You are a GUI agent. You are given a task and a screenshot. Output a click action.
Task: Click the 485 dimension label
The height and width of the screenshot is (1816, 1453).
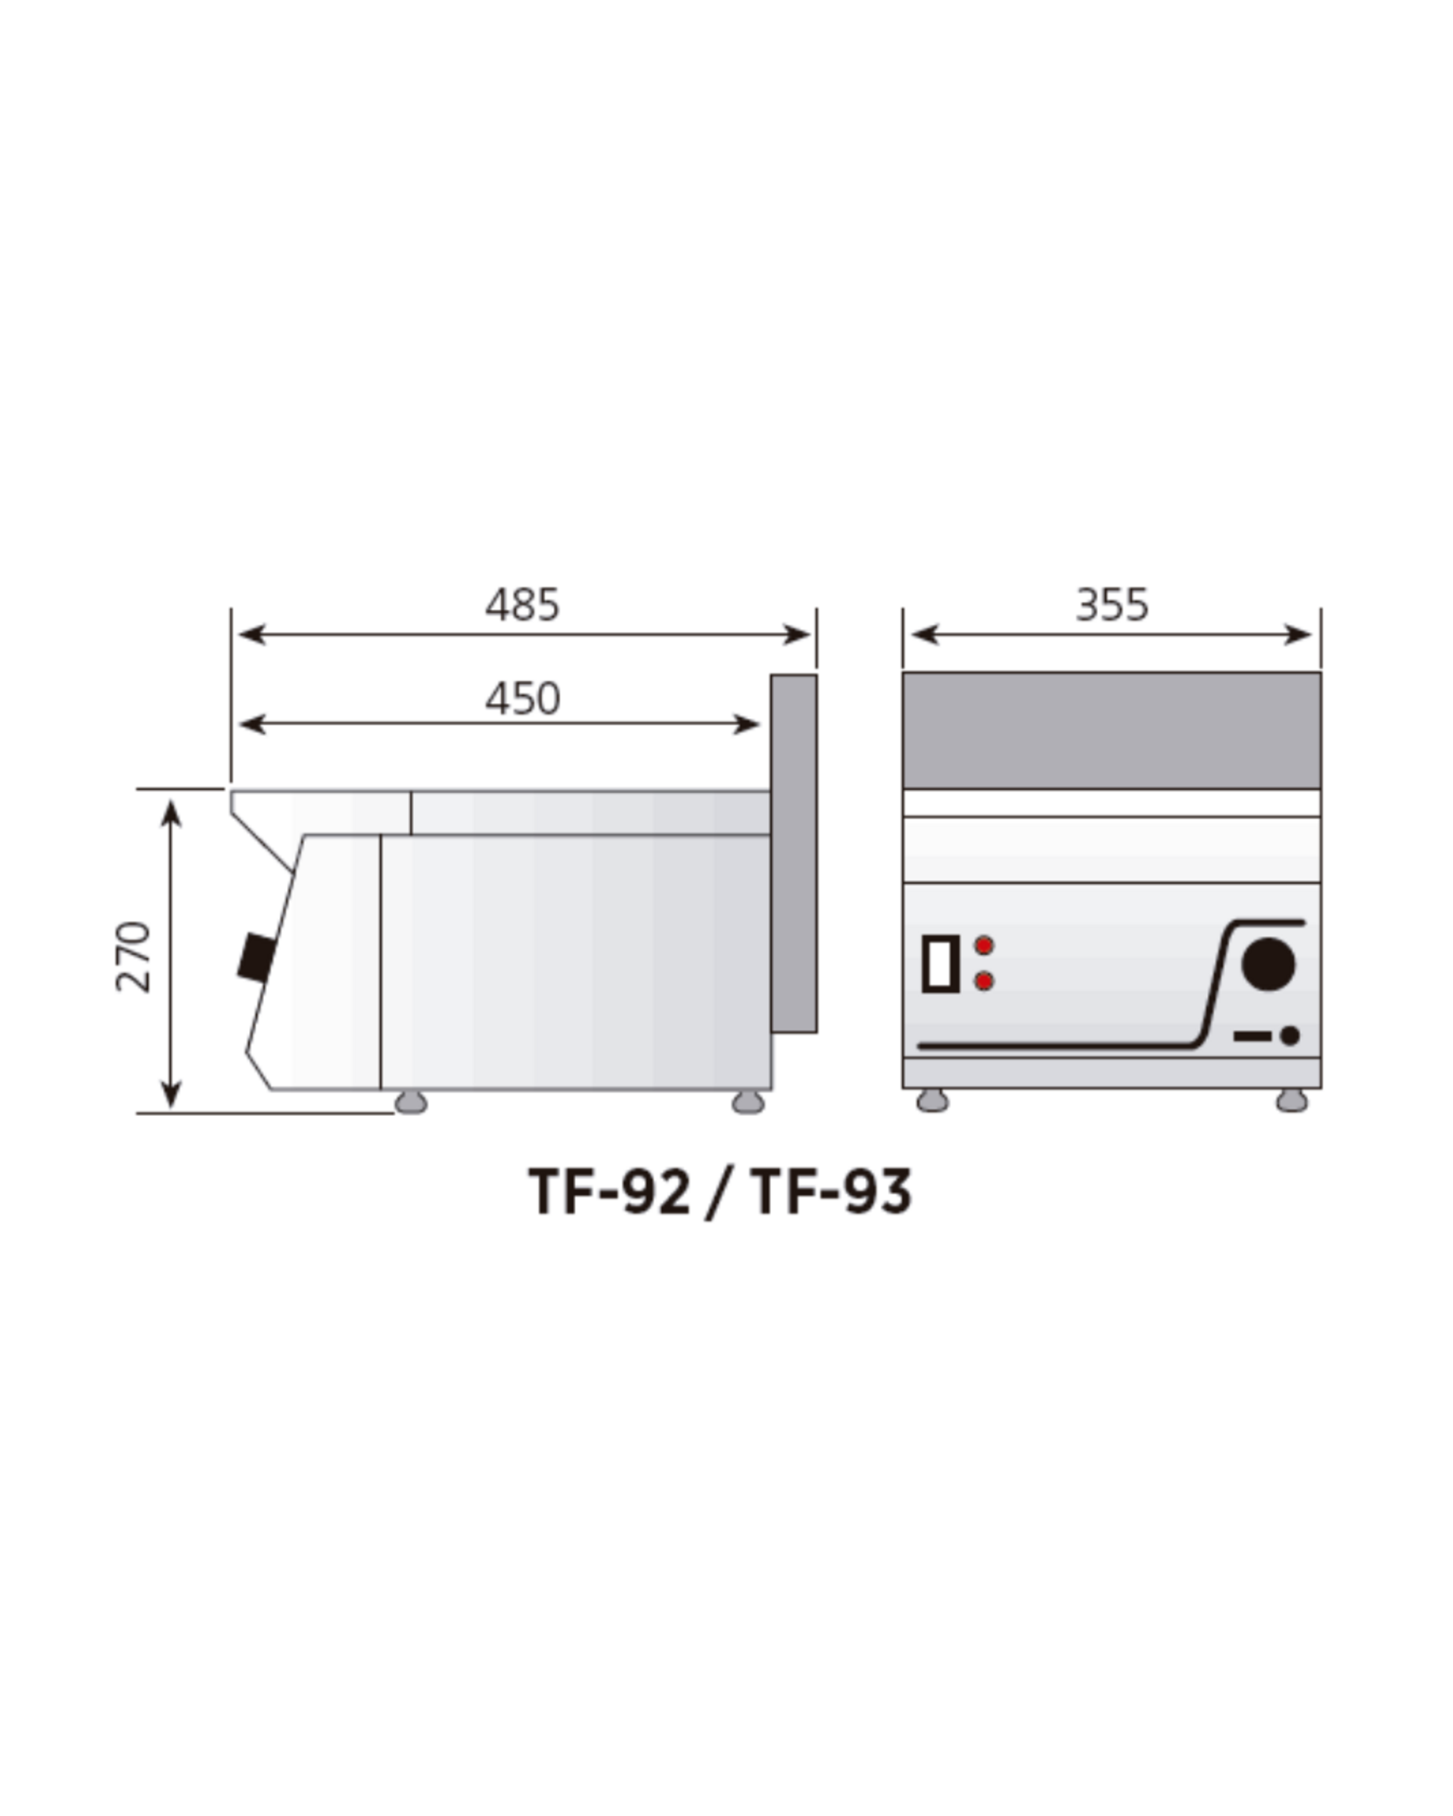[522, 605]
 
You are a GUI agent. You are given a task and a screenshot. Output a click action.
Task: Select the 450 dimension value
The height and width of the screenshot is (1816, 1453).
[522, 698]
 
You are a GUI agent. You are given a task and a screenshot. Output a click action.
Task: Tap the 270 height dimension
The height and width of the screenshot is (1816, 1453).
[133, 957]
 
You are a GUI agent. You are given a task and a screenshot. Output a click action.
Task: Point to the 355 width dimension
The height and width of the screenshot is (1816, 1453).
[1112, 605]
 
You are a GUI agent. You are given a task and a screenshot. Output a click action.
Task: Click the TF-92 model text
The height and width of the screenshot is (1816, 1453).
[609, 1192]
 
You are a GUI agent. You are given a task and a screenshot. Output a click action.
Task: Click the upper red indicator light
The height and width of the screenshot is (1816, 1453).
[984, 945]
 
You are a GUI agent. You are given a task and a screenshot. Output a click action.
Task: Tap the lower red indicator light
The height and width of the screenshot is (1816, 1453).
[984, 981]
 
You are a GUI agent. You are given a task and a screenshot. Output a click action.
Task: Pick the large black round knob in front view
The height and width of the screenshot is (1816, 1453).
[1268, 963]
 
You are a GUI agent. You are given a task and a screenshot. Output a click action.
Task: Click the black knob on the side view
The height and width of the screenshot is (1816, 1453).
[257, 957]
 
